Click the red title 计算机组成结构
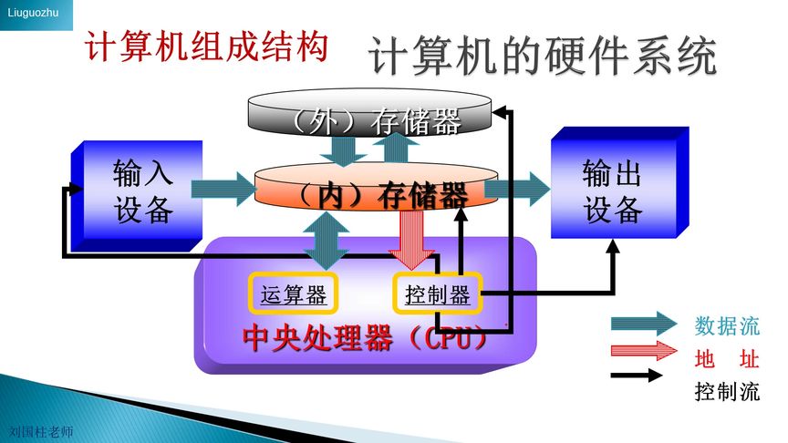tap(206, 47)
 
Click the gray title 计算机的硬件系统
tap(543, 57)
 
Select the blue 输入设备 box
tap(137, 193)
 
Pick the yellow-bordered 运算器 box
tap(293, 294)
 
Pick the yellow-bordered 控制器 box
tap(437, 294)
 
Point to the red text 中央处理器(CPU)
tap(365, 338)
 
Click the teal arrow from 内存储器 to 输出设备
tap(516, 189)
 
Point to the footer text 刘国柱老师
tap(39, 432)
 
